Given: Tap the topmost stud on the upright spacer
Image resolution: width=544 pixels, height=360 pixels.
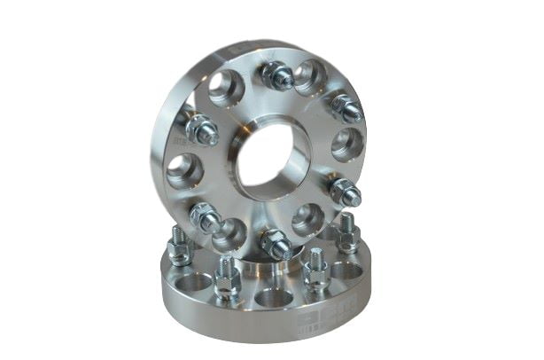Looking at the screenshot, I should (x=278, y=76).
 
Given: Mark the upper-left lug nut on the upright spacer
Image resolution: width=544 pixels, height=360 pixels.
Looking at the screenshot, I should (x=201, y=130).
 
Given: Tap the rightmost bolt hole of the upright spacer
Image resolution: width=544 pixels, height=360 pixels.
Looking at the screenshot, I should (x=346, y=145).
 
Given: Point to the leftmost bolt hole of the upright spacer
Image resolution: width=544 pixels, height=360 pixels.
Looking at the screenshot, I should (x=184, y=170).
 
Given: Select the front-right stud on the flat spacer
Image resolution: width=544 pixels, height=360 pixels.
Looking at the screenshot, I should (x=316, y=270).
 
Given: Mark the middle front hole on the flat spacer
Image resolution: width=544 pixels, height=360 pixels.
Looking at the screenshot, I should (x=271, y=297).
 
